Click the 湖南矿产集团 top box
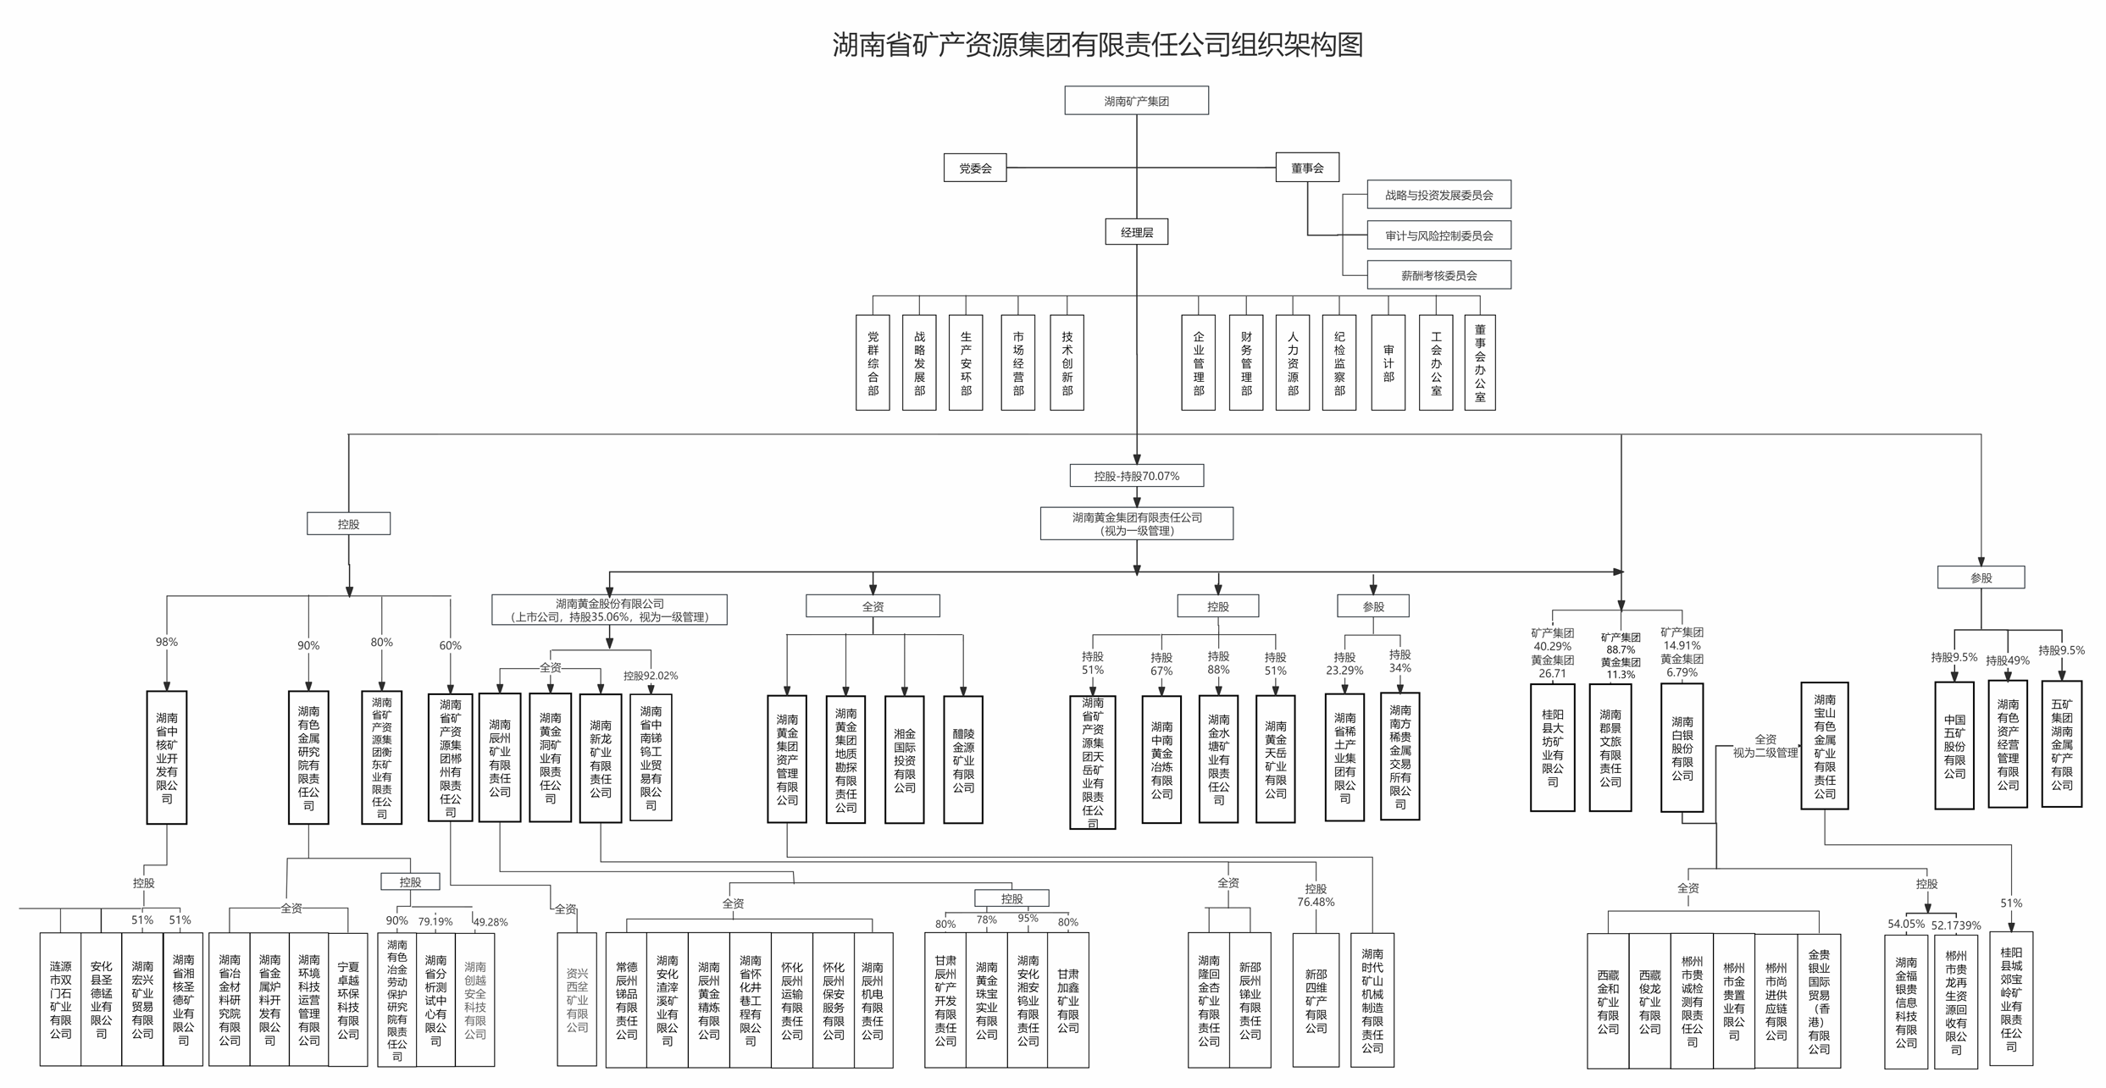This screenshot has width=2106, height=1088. coord(1136,101)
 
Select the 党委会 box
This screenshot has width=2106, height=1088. coord(974,168)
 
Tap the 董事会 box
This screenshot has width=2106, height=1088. coord(1306,168)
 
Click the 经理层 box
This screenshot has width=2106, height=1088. coord(1136,232)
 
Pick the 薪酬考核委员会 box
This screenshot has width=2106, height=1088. coord(1438,275)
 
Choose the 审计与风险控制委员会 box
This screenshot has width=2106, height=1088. coord(1438,235)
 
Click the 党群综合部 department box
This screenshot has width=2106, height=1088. coord(873,363)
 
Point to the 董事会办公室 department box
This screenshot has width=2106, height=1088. coord(1479,363)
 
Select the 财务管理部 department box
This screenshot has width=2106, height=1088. coord(1245,363)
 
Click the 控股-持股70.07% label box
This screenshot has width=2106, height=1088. coord(1136,476)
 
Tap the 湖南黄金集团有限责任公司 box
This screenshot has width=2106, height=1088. coord(1136,523)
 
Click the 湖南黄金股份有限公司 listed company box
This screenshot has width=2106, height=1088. coord(609,610)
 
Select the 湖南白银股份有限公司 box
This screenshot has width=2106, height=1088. coord(1682,748)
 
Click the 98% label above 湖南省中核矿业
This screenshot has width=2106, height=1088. coord(167,642)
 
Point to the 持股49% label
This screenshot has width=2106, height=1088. coord(2007,660)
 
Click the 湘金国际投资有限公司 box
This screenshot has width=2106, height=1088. coord(904,759)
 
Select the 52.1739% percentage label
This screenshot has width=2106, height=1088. coord(1956,925)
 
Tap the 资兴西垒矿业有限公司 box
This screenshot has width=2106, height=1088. coord(577,1000)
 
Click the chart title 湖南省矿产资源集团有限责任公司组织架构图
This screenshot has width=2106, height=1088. coord(1097,45)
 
